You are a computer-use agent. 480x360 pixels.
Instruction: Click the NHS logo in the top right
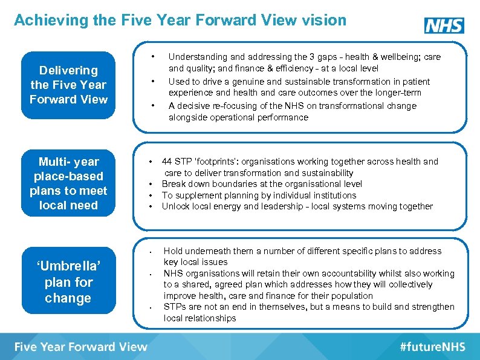click(444, 25)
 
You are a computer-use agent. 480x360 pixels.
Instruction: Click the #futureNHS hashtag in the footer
click(432, 347)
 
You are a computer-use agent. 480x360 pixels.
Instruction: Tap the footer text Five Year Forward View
click(81, 347)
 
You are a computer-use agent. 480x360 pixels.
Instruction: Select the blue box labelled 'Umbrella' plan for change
click(68, 282)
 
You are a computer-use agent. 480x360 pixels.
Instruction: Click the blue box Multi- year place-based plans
click(68, 183)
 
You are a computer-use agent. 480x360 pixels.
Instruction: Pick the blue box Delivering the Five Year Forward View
click(68, 85)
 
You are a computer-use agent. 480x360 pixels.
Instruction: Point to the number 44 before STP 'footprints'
click(167, 162)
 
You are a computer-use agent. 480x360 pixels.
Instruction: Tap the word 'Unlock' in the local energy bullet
click(174, 206)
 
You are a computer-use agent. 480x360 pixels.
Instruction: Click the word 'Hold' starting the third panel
click(173, 251)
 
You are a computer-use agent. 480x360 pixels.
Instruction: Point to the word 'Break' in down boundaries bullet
click(174, 184)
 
